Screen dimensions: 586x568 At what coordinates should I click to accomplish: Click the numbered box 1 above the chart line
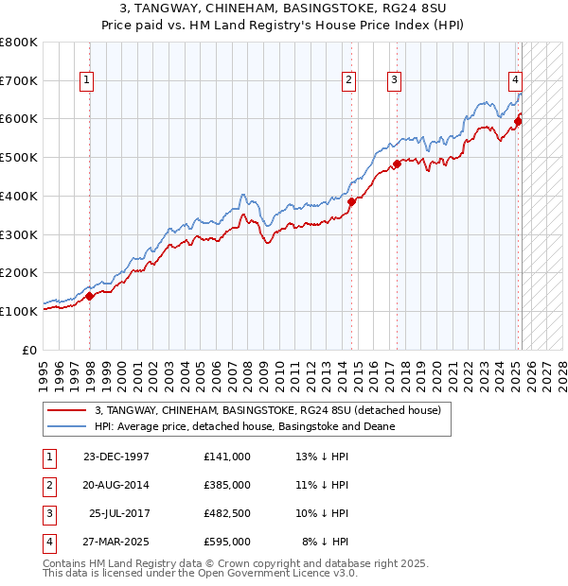click(86, 81)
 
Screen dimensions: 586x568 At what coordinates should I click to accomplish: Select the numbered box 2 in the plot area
click(349, 81)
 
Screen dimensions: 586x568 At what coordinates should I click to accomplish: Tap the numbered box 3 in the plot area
click(393, 81)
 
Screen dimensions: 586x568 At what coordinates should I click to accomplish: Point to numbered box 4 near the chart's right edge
click(515, 81)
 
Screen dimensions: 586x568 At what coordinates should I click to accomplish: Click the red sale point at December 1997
click(90, 296)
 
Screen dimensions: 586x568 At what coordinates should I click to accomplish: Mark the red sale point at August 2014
click(351, 201)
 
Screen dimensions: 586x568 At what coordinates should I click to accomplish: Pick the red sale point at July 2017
click(397, 164)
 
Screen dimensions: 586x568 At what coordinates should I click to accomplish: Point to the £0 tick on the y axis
click(30, 349)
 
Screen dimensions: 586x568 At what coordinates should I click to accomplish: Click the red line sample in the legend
click(67, 410)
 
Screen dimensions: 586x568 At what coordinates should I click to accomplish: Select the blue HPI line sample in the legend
click(67, 426)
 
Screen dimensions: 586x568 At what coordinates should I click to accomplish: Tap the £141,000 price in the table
click(226, 457)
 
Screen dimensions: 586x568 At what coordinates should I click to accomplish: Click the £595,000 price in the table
click(226, 542)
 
